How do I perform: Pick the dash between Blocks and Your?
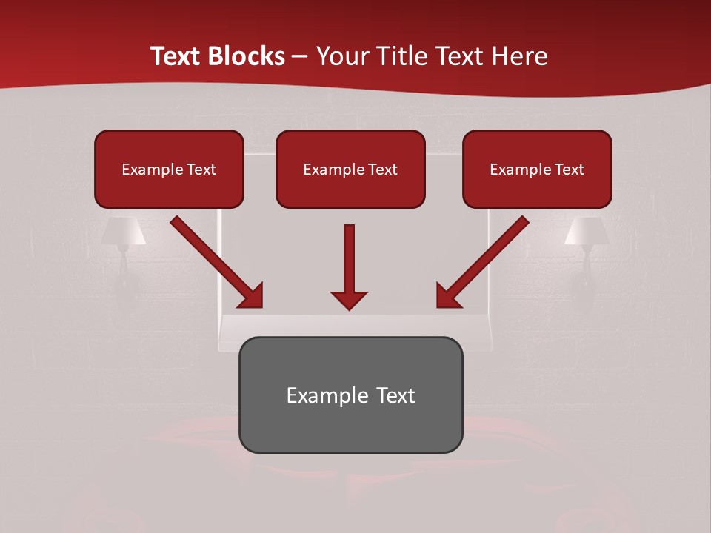300,57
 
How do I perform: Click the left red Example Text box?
169,169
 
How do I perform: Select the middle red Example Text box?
350,169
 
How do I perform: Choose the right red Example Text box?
537,169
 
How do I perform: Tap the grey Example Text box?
350,395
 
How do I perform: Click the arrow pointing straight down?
349,266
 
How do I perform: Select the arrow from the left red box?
217,262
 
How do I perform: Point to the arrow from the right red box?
482,262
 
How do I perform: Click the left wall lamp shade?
124,231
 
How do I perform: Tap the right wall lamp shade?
586,231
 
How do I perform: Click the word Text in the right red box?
569,170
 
